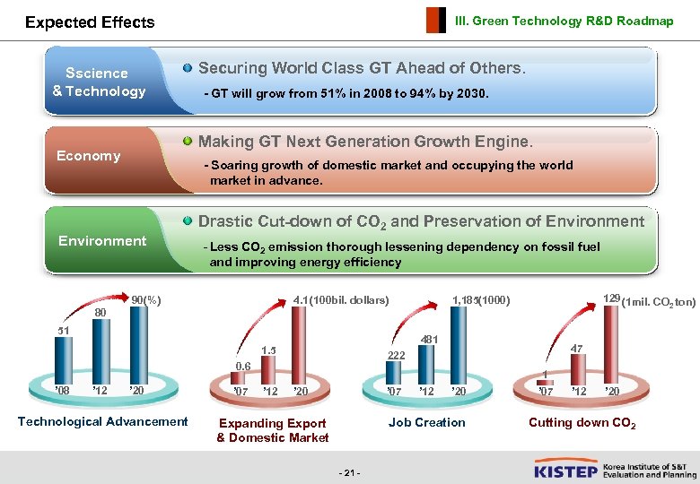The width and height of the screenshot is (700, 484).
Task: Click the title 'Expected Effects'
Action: (x=90, y=22)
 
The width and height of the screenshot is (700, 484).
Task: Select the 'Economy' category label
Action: (x=88, y=156)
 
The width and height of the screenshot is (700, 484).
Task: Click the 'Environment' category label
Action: (x=101, y=240)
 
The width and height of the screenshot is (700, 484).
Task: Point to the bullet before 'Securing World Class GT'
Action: (x=187, y=68)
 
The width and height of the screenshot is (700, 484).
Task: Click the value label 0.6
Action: (x=242, y=366)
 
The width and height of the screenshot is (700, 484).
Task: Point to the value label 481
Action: (x=430, y=340)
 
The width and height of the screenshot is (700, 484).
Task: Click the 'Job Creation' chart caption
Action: (x=427, y=422)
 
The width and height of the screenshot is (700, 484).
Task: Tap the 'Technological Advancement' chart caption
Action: (x=103, y=421)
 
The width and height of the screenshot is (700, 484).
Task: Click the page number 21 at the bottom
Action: (x=351, y=472)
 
